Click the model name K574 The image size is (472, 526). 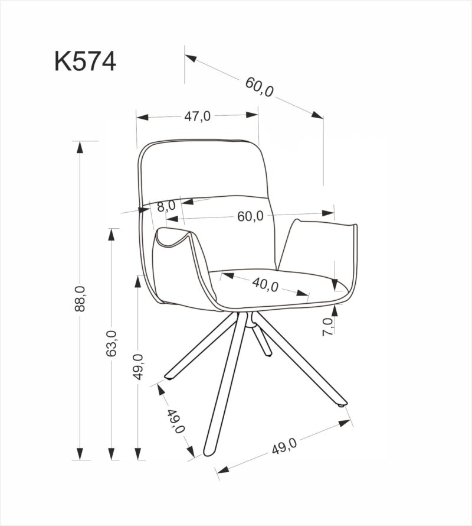85,61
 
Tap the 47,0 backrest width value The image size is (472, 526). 197,116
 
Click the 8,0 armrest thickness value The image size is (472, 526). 166,206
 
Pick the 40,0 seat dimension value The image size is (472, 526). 265,284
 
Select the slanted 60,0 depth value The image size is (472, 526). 260,87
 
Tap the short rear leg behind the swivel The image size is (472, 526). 263,337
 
